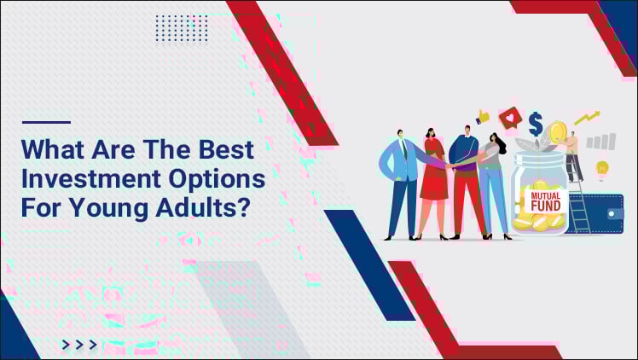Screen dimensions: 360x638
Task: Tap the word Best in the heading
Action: [223, 150]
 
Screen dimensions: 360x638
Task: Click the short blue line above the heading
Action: [46, 122]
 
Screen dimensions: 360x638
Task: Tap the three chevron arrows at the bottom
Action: [79, 345]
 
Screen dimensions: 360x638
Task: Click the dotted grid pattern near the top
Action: [182, 28]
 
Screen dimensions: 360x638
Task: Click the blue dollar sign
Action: [535, 125]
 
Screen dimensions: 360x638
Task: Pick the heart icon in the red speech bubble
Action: [509, 117]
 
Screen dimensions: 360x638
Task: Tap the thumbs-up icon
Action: [483, 117]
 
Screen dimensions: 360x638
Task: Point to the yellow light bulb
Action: [602, 167]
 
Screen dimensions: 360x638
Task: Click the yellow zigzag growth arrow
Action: [586, 118]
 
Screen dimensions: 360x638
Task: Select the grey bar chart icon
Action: [602, 141]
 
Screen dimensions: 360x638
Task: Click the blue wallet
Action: [606, 213]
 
